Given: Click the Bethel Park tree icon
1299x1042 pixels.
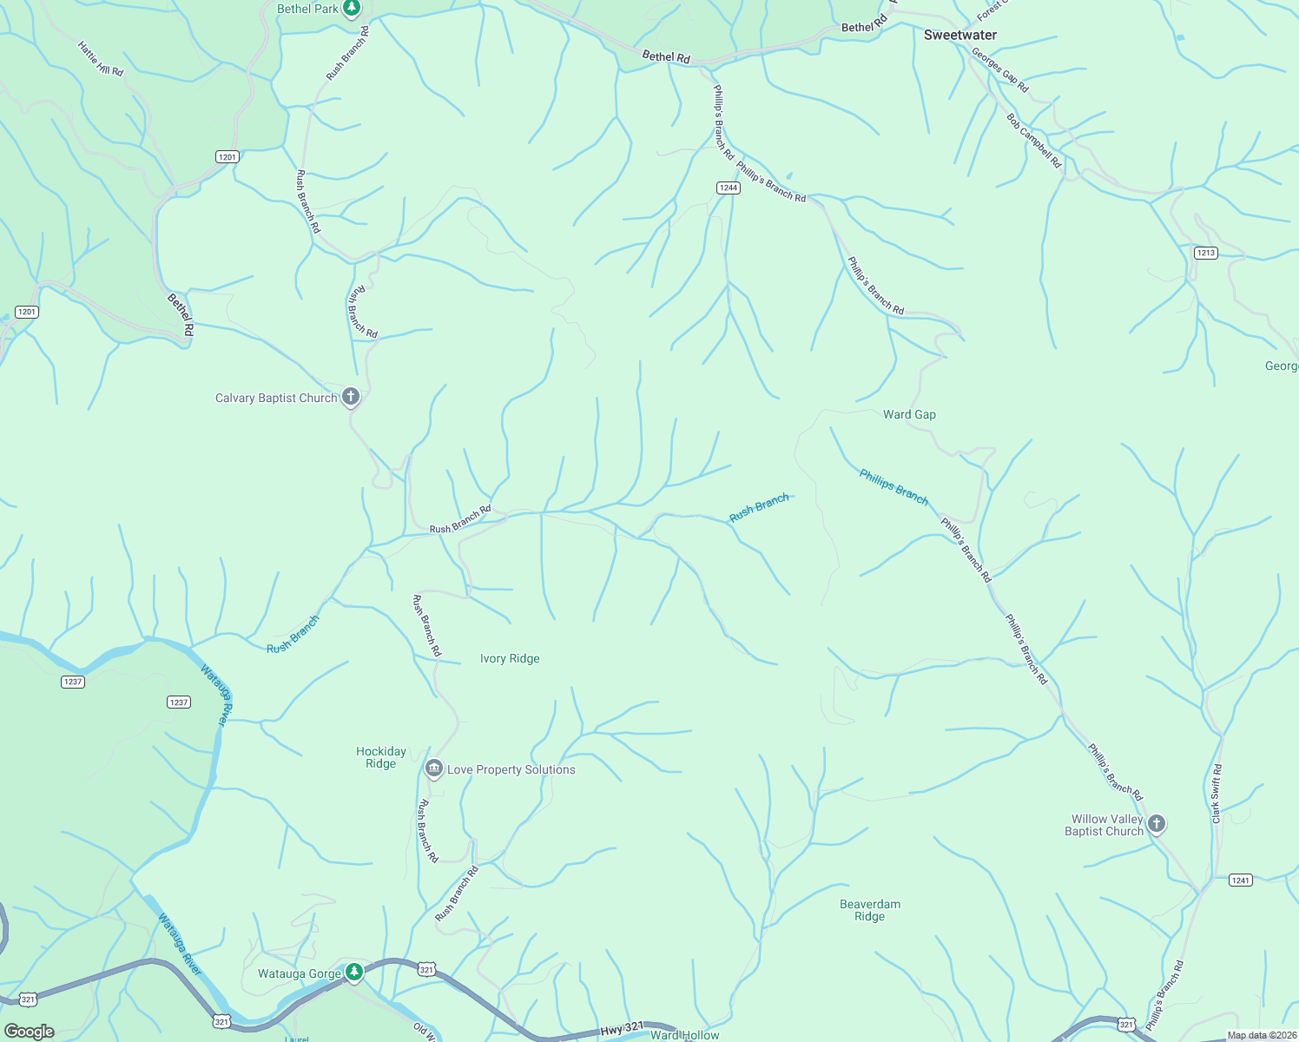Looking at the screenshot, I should click(352, 9).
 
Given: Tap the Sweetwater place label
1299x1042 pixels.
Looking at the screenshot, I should click(959, 35).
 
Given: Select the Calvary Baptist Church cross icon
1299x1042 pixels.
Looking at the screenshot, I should click(351, 397).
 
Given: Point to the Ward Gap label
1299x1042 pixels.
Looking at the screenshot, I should click(909, 414).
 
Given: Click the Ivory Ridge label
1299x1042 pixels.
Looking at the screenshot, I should click(510, 658).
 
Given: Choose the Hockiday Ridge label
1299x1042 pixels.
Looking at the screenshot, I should click(381, 757).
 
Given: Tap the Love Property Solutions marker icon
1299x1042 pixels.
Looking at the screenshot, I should click(433, 768).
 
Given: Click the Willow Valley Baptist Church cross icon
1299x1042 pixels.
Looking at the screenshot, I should click(1156, 823).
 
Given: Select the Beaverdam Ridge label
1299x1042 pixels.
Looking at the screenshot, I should click(869, 910).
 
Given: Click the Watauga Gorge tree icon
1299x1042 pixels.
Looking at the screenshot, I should click(353, 972).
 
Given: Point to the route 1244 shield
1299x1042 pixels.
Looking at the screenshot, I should click(728, 188).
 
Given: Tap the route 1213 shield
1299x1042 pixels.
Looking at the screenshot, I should click(1205, 253).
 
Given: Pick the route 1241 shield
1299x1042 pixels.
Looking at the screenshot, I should click(1240, 880).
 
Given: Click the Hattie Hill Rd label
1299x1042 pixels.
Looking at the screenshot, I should click(100, 59).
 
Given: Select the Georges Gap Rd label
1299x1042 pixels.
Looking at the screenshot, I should click(999, 70).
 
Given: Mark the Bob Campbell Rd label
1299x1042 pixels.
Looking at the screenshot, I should click(1033, 141).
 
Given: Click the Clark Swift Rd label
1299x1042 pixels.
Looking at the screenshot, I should click(1217, 794).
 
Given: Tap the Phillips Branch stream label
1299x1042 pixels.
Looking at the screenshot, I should click(893, 486).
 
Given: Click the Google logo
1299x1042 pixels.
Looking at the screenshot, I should click(30, 1031).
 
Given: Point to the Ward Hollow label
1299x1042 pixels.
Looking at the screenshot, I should click(684, 1035).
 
